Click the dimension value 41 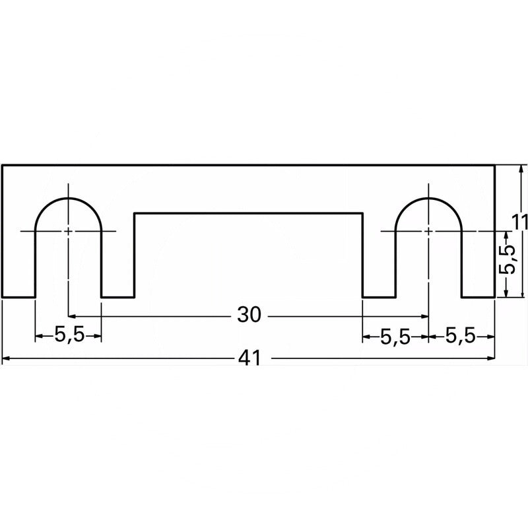click(x=249, y=358)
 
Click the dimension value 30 click(x=249, y=315)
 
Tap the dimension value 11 click(x=519, y=223)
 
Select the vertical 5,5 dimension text click(x=507, y=259)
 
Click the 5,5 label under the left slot click(x=70, y=335)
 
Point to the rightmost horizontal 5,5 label click(x=461, y=336)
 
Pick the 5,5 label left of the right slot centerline click(x=395, y=337)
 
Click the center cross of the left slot click(x=69, y=232)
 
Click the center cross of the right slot click(x=428, y=232)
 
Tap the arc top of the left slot click(x=69, y=199)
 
